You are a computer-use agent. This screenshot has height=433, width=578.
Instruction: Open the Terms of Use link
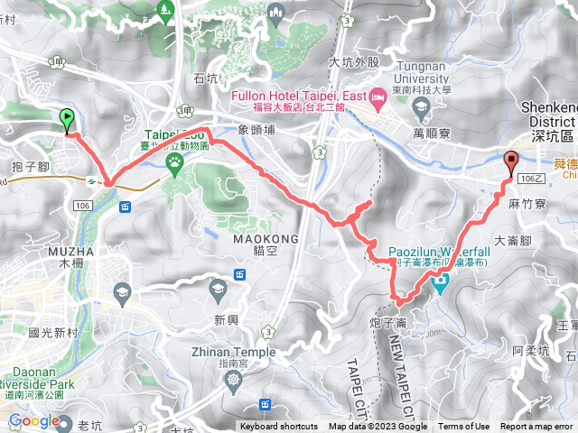[464, 427]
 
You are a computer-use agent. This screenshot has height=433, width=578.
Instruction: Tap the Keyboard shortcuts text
[279, 427]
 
